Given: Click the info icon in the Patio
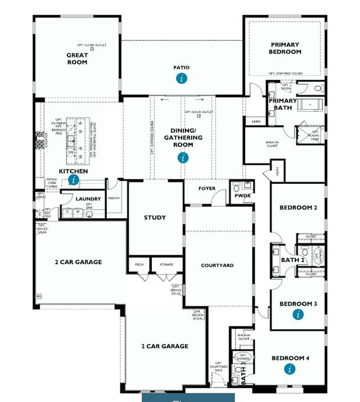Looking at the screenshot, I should click(x=181, y=78).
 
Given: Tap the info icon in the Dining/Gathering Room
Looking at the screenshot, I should click(x=183, y=158).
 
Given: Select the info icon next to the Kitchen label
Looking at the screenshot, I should click(x=74, y=180).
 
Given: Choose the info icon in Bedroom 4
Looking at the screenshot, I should click(x=290, y=369).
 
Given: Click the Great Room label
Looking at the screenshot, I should click(x=77, y=58).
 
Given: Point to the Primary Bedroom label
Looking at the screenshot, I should click(x=285, y=48).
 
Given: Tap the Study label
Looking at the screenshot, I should click(x=155, y=218).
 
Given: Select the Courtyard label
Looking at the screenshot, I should click(x=217, y=265).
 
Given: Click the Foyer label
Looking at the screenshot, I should click(x=207, y=188).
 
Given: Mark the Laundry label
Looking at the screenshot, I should click(x=88, y=199).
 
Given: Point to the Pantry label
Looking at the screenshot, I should click(x=114, y=197).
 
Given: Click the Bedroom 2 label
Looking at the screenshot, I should click(x=298, y=208).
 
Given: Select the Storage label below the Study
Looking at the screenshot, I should click(x=166, y=264).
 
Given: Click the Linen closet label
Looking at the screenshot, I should click(x=256, y=121).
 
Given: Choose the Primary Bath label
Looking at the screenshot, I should click(x=282, y=104).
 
